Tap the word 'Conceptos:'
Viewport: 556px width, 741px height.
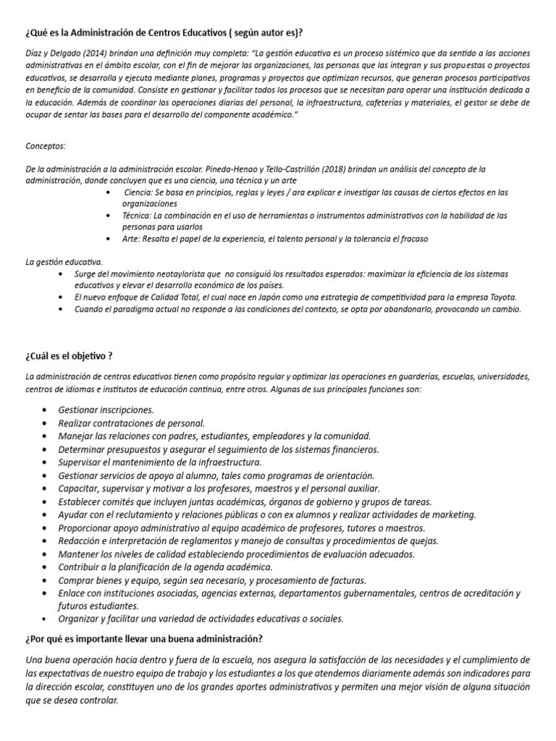pos(46,145)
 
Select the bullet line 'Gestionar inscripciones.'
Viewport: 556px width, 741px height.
pos(106,410)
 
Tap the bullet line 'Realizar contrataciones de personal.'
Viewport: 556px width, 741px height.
pos(132,423)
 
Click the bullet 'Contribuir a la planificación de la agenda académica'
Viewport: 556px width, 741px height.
pos(165,567)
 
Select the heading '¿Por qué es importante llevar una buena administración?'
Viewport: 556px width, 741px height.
pos(144,639)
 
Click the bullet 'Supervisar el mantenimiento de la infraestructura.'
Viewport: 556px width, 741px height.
pos(160,462)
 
